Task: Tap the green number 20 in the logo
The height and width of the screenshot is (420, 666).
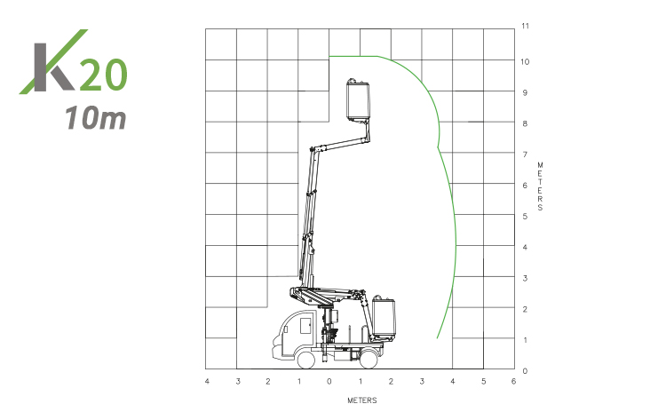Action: click(x=103, y=75)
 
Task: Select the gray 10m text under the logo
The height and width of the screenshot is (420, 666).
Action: click(x=96, y=117)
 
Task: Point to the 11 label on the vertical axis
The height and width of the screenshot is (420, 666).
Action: click(x=526, y=26)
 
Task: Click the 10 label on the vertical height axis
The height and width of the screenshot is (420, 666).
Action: click(x=526, y=61)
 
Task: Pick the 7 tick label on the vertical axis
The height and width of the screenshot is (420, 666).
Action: click(x=525, y=155)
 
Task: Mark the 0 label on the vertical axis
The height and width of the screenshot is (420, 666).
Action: click(x=525, y=371)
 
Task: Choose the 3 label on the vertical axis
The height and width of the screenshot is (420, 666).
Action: click(x=525, y=278)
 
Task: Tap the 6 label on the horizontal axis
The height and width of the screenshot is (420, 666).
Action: click(x=514, y=381)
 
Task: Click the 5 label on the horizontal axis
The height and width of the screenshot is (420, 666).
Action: click(x=483, y=381)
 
